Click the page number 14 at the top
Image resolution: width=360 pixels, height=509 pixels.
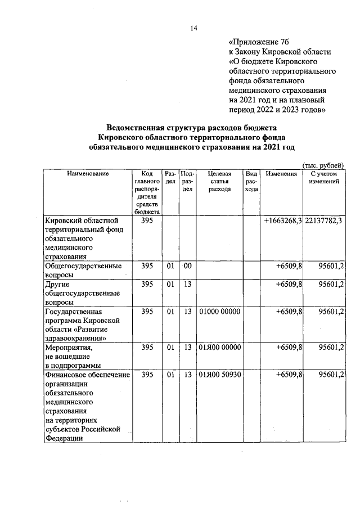[193, 29]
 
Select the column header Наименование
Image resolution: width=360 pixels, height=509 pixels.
[88, 174]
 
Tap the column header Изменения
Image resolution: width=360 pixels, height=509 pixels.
[281, 174]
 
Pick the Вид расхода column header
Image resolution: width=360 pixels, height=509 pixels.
[251, 182]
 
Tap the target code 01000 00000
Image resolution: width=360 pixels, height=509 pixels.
[219, 311]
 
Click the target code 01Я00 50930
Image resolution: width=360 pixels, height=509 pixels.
[219, 374]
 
